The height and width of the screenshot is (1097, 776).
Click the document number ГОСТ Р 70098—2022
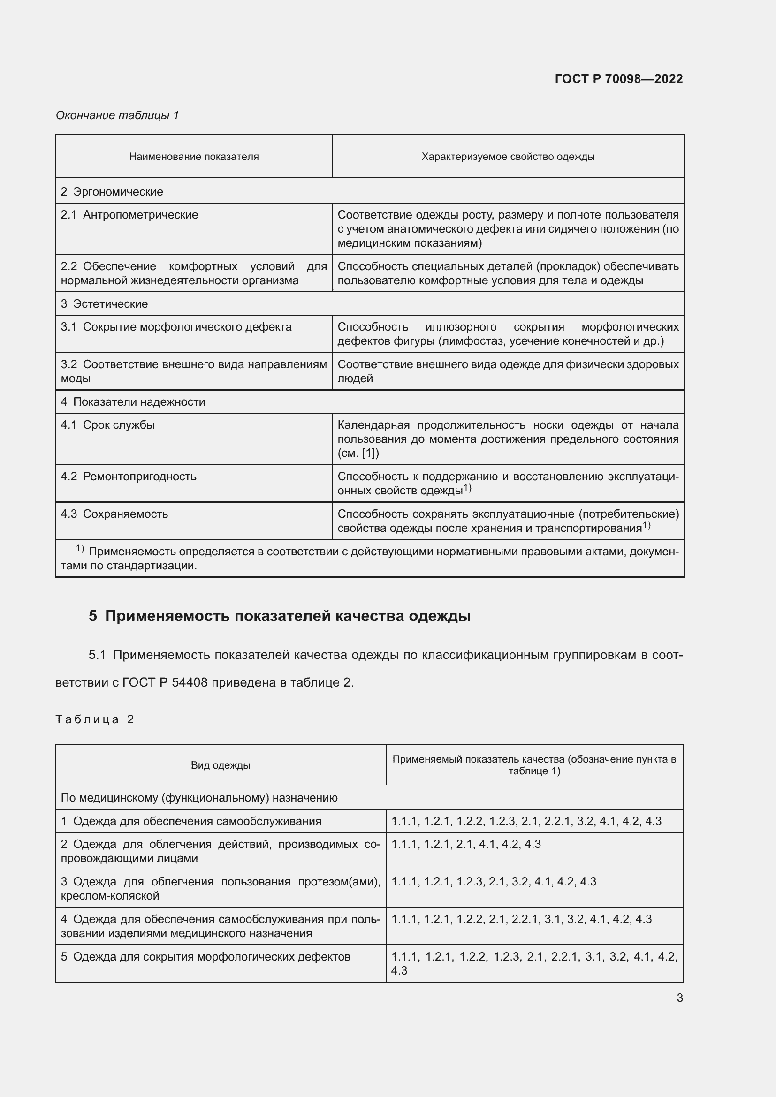coord(618,79)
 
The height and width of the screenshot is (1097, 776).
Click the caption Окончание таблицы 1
coord(117,115)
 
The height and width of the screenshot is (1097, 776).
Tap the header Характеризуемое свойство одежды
coord(508,157)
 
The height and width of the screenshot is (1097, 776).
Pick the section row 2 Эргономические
coord(112,192)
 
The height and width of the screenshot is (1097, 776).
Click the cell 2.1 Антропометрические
coord(129,215)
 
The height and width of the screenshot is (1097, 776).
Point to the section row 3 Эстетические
coord(104,304)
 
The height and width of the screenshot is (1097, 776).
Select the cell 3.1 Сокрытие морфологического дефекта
coord(176,327)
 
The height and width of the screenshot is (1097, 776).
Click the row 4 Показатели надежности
coord(133,402)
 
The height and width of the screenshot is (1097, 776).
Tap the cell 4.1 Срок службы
coord(107,425)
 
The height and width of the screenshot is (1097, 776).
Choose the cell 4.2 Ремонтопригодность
coord(129,477)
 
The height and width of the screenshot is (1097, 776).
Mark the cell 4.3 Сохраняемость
coord(114,514)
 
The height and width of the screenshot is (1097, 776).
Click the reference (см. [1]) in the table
coord(358,454)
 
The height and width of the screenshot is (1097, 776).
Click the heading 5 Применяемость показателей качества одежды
coord(280,616)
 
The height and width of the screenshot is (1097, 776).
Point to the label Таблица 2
coord(95,719)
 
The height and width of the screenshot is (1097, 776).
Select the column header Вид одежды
coord(221,765)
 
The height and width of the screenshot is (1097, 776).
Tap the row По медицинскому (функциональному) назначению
coord(199,798)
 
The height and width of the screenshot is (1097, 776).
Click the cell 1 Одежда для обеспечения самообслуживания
coord(190,821)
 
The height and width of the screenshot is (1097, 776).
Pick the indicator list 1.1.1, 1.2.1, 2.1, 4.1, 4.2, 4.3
coord(466,844)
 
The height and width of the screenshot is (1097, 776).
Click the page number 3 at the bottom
coord(679,998)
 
